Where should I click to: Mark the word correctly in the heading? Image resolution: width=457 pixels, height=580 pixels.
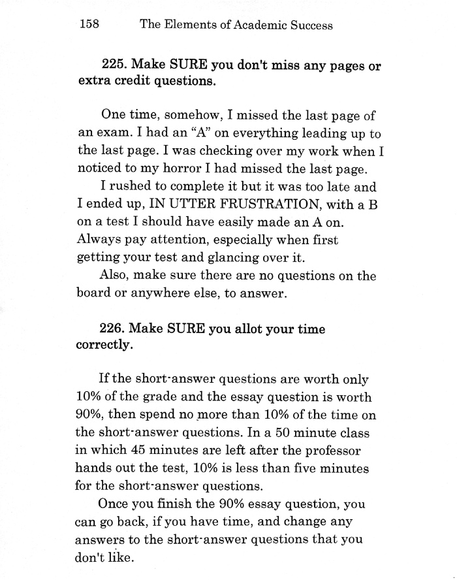[104, 346]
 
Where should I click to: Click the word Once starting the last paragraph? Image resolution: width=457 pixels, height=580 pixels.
[114, 504]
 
